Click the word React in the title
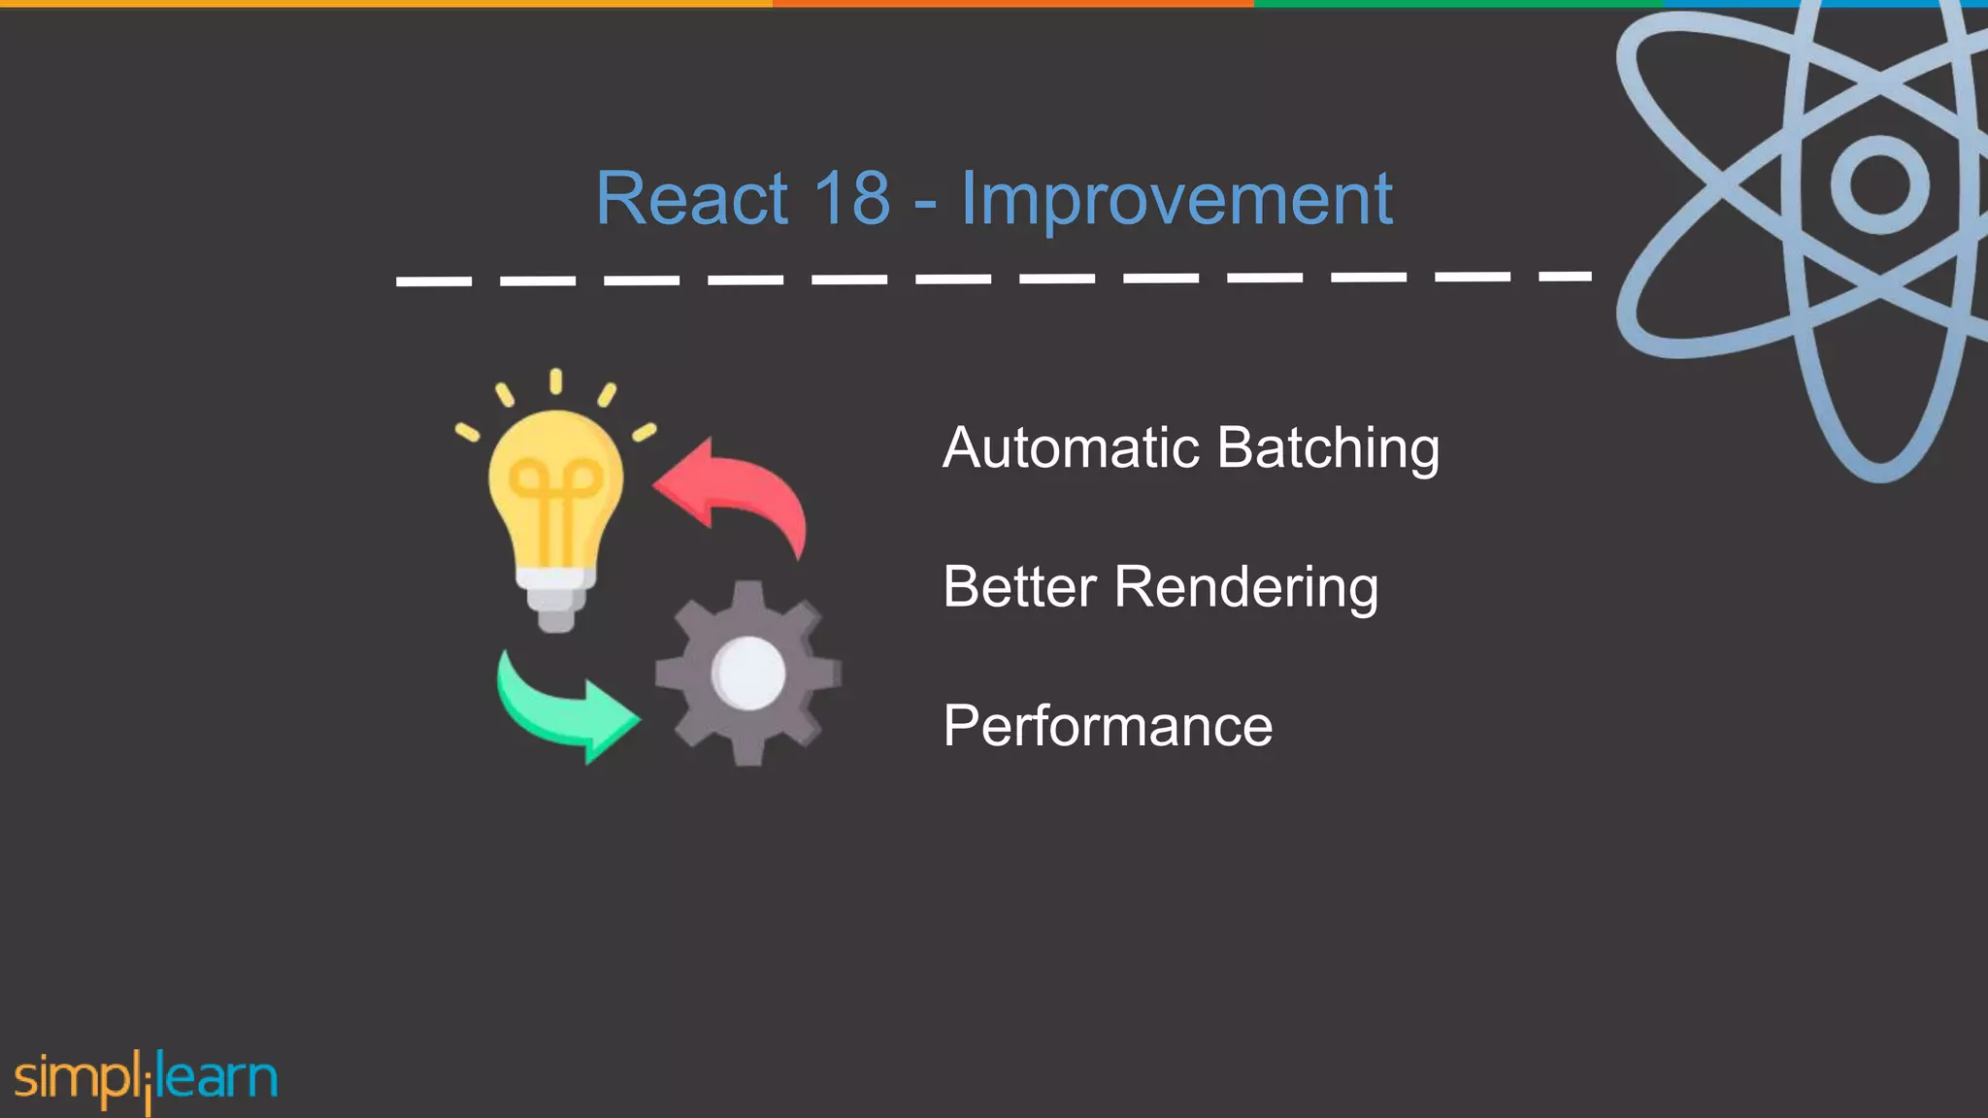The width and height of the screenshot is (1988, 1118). pos(691,199)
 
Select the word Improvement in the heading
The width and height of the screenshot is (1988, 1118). pos(1176,201)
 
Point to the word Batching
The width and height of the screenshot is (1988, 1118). pos(1327,449)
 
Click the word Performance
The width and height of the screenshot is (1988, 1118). pos(1108,726)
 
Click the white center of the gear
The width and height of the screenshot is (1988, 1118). pos(747,673)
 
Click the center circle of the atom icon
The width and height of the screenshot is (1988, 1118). pos(1879,184)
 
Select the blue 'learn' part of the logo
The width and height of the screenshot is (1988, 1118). pos(217,1077)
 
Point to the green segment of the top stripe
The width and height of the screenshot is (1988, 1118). pos(1456,4)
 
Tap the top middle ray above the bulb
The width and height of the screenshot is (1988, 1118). pos(555,380)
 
